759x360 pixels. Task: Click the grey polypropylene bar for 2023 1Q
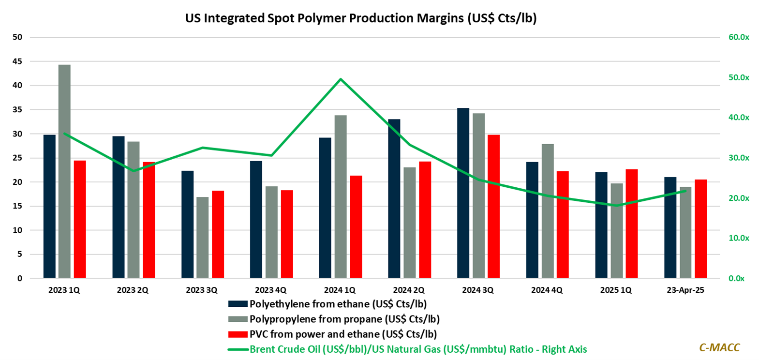(64, 171)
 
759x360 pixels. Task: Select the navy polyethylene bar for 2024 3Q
(463, 193)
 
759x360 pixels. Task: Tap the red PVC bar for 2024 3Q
(493, 206)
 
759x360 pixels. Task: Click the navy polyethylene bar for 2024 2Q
(394, 198)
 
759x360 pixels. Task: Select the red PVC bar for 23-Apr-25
(700, 229)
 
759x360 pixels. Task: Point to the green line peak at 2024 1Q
(341, 79)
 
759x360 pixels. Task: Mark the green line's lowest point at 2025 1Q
(616, 205)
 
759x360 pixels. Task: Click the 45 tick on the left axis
(17, 61)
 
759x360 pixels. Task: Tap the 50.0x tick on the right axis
(738, 77)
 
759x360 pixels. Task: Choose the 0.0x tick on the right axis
(736, 278)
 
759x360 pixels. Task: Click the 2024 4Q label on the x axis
(547, 290)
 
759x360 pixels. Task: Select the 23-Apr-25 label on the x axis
(685, 290)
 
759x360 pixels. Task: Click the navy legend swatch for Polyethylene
(238, 304)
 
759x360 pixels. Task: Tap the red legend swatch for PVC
(238, 334)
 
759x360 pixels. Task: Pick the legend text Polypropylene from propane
(344, 319)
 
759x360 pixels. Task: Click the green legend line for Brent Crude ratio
(238, 349)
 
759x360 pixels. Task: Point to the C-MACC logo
(719, 347)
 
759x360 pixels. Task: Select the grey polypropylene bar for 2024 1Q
(341, 196)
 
